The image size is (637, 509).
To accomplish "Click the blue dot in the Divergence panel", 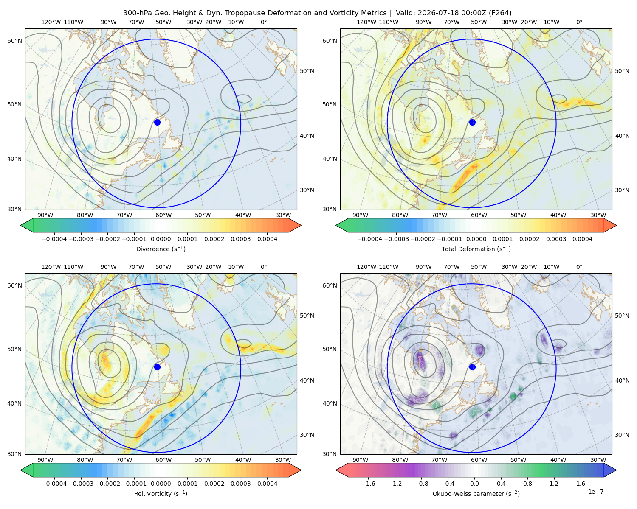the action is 157,122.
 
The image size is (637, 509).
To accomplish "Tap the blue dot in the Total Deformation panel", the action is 472,122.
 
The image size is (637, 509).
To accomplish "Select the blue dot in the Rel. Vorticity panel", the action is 157,367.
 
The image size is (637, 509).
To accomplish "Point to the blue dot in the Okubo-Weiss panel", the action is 472,367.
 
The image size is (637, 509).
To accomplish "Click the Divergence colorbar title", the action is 161,249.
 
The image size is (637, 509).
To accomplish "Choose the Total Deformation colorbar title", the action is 476,249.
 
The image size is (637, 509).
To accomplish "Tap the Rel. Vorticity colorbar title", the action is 161,493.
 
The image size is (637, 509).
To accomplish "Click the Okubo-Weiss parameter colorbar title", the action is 476,493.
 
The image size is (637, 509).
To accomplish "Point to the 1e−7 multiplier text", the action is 595,492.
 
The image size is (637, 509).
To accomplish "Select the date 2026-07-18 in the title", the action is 434,13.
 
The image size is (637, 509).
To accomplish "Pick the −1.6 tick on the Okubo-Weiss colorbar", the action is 368,484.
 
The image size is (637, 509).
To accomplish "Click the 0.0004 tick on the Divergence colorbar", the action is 267,239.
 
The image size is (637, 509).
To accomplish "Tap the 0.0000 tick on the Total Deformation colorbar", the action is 476,239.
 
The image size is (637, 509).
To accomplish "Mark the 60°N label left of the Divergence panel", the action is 14,41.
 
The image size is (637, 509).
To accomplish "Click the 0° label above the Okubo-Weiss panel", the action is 579,267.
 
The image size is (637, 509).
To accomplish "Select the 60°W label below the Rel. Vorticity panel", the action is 163,460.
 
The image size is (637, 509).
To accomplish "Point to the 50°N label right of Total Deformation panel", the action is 622,71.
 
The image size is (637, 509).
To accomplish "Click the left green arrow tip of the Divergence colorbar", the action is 21,225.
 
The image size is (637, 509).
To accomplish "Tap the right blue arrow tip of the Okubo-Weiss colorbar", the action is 616,470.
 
